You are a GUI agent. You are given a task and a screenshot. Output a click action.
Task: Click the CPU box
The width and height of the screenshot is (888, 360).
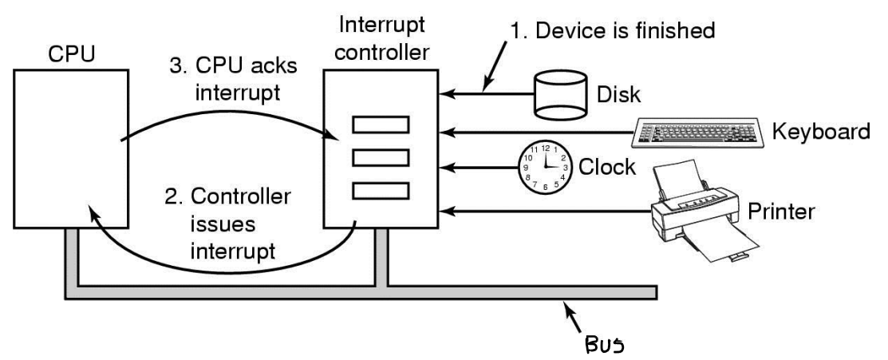click(71, 148)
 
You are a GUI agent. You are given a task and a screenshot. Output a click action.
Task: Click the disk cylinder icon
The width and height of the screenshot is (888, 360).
click(560, 95)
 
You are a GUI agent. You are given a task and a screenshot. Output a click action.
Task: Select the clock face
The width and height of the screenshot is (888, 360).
click(546, 168)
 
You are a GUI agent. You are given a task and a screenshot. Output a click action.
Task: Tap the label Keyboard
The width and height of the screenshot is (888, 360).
click(821, 132)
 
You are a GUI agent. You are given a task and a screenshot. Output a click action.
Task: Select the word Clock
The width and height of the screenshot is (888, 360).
click(607, 168)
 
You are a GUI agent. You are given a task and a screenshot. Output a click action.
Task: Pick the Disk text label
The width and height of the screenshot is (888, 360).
click(619, 95)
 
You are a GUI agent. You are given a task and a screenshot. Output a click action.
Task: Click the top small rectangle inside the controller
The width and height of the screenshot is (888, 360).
click(381, 125)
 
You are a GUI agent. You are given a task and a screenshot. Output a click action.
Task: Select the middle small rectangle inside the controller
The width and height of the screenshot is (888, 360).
click(381, 157)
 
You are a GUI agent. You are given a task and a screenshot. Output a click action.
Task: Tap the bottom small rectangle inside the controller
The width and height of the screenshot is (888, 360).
click(381, 191)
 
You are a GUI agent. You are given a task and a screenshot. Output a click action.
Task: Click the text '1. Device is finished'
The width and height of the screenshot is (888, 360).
click(613, 30)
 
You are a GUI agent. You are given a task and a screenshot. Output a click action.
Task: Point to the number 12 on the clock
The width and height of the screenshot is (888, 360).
click(546, 148)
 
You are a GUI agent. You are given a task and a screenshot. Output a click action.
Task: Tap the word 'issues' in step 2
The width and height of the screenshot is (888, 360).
click(223, 224)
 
